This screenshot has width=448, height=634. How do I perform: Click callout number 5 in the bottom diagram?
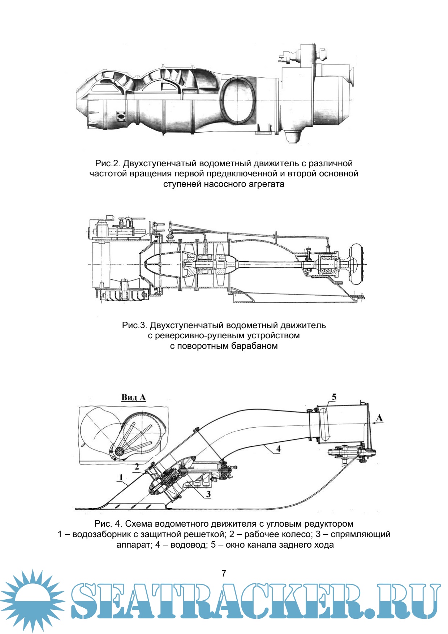click(334, 397)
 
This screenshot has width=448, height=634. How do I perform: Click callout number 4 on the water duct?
click(278, 449)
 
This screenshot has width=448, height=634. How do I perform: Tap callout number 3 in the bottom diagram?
click(208, 494)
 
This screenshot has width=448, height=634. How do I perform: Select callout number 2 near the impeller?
click(137, 467)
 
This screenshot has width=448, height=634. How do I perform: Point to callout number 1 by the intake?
click(121, 477)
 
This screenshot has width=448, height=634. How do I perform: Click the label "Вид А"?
click(133, 397)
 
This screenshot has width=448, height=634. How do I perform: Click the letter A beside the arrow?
click(379, 418)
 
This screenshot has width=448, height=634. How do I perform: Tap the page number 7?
click(224, 573)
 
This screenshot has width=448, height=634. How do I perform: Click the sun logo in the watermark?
click(33, 600)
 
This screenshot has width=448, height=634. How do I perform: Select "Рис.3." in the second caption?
click(134, 325)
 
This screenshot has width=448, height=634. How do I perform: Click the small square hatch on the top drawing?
click(121, 116)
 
